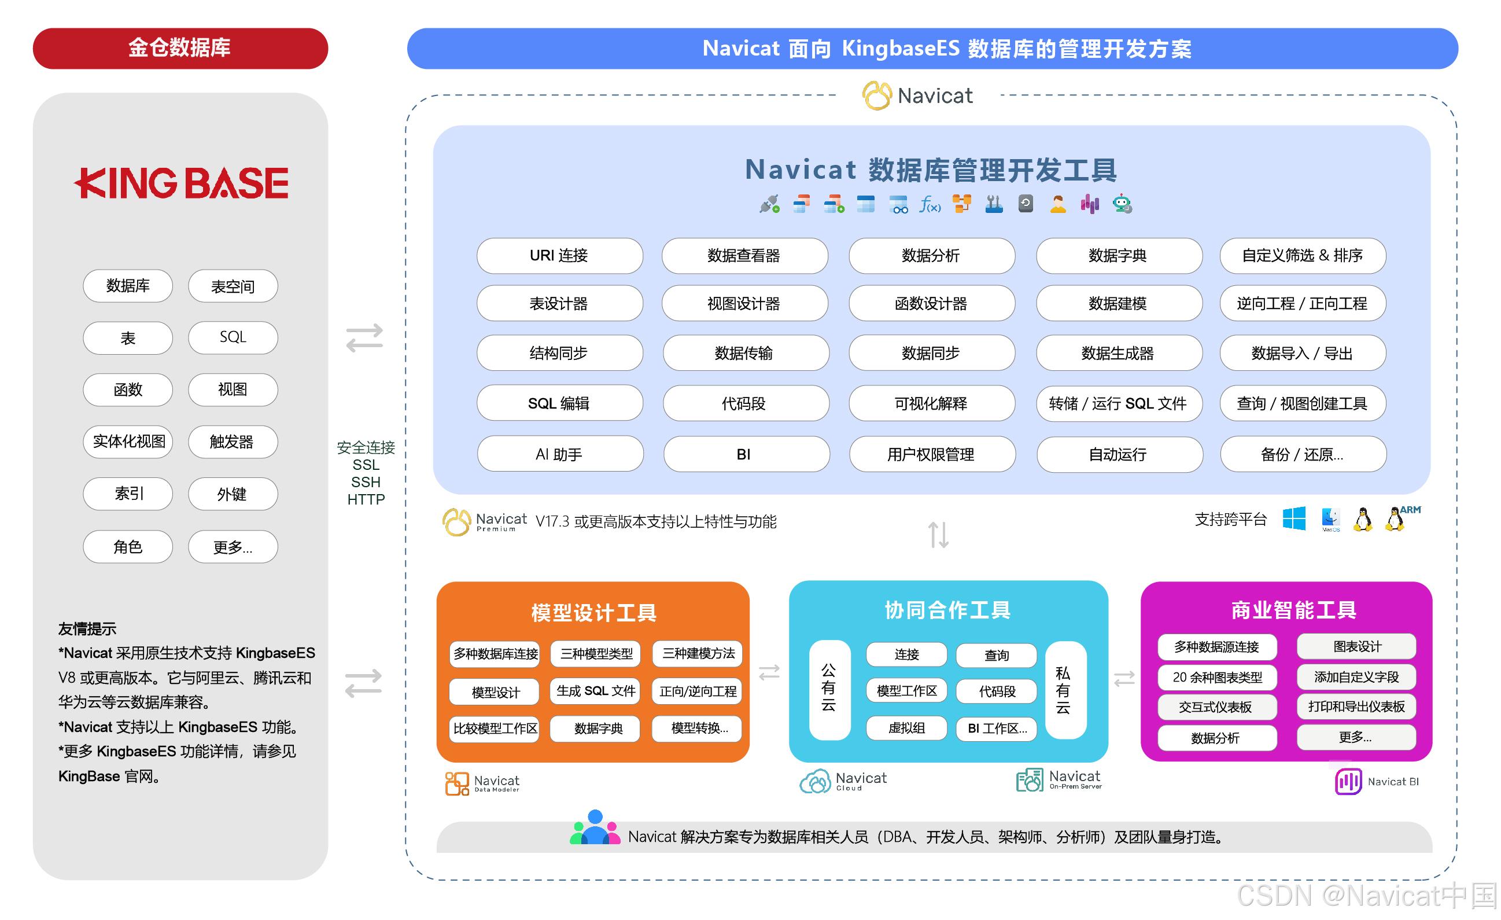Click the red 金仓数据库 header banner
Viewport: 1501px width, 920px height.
pos(180,48)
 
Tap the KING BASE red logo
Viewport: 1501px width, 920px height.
pos(182,183)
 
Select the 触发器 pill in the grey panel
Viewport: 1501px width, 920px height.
pos(233,441)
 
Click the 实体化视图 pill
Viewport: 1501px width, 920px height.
pos(128,441)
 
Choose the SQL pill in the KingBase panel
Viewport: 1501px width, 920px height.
pos(233,337)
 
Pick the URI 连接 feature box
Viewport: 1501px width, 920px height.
pos(559,255)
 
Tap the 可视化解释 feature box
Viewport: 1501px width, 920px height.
pos(931,403)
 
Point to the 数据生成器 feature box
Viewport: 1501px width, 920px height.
pos(1119,354)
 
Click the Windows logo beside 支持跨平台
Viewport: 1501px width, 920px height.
pos(1294,518)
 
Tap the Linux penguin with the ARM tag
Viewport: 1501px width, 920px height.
pos(1395,519)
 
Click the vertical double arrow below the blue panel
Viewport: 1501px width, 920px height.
pos(938,534)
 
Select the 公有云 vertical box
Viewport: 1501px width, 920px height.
pos(829,689)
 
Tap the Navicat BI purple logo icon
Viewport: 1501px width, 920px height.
pos(1348,781)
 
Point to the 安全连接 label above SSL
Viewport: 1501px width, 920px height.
pos(366,448)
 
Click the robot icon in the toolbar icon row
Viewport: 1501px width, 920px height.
pos(1122,204)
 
